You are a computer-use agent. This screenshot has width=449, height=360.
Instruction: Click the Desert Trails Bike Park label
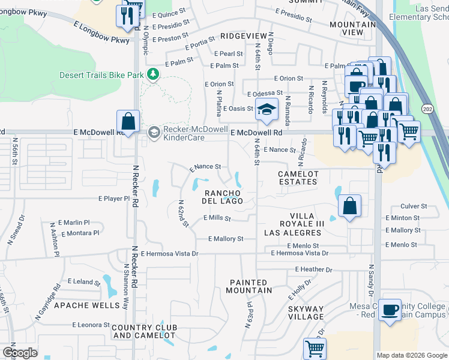[101, 75]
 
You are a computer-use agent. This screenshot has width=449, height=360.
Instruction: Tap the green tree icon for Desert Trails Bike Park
[154, 74]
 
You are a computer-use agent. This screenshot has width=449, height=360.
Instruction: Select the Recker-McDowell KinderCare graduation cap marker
[154, 131]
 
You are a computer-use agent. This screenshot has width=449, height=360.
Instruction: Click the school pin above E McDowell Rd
[265, 109]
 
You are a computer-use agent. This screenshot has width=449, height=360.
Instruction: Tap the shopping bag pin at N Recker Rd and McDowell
[128, 121]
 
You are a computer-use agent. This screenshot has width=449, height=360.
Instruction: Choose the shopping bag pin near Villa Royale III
[349, 206]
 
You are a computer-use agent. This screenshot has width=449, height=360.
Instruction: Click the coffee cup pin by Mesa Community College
[390, 310]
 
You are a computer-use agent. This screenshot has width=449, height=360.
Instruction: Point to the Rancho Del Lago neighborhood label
[223, 197]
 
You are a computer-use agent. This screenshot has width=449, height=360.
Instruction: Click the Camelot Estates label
[297, 178]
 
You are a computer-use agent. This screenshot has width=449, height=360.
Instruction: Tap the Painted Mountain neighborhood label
[249, 286]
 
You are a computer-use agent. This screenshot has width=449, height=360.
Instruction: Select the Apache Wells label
[87, 305]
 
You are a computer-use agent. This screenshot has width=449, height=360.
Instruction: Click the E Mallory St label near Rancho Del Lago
[225, 239]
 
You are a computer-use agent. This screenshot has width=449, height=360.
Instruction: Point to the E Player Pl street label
[113, 198]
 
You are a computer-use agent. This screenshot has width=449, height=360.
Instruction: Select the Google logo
[19, 353]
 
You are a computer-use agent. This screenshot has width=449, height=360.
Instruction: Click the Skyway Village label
[306, 313]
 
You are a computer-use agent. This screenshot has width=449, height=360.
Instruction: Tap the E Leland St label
[84, 281]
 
